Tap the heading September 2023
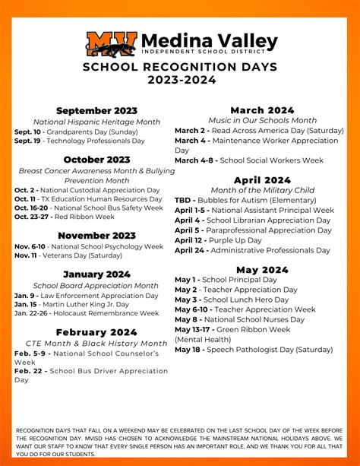point(96,111)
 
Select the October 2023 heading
point(96,159)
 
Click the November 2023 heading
point(96,235)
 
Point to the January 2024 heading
point(96,274)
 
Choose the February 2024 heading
point(96,332)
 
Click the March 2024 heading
point(263,110)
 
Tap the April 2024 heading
point(263,179)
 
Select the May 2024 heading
point(263,269)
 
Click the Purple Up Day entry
point(232,240)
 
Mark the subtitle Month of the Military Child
point(263,190)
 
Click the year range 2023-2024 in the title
point(180,80)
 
